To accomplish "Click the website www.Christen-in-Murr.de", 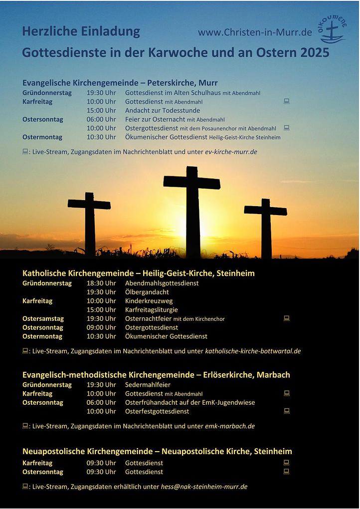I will tap(255, 32).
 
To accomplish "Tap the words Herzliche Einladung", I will tap(81, 31).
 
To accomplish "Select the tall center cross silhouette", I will tap(192, 210).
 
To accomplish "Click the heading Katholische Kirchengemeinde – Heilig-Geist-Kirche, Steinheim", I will tap(139, 273).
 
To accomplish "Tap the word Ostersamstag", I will tap(42, 318).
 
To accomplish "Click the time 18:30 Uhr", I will tap(101, 283).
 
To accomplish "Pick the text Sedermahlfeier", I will tap(148, 385).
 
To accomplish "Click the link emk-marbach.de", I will tap(230, 426).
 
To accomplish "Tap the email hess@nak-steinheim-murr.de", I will tap(204, 487).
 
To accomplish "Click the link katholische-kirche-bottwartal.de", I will tap(253, 351).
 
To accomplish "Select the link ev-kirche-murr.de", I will tap(231, 151).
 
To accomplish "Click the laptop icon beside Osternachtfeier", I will tap(287, 318).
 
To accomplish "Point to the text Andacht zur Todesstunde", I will tap(163, 110).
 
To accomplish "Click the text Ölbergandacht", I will tap(147, 292).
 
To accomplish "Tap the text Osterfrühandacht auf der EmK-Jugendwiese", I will tap(190, 402).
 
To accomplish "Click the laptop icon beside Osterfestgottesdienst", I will tap(287, 411).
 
